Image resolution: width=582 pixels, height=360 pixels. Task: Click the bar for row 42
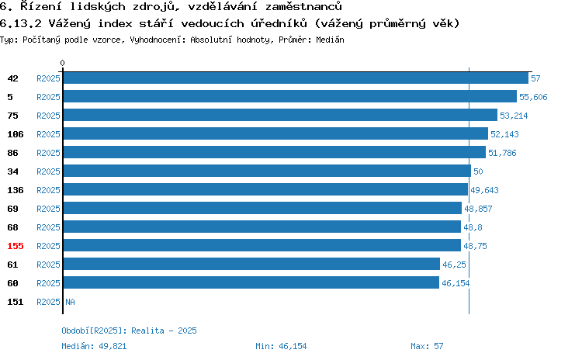pyautogui.click(x=296, y=78)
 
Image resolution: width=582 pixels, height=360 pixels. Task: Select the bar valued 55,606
pyautogui.click(x=290, y=96)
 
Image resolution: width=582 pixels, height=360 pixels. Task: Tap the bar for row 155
pyautogui.click(x=262, y=245)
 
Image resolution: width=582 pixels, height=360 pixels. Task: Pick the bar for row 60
pyautogui.click(x=251, y=283)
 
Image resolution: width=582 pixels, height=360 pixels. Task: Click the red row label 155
pyautogui.click(x=16, y=246)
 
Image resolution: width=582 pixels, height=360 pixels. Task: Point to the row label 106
pyautogui.click(x=16, y=134)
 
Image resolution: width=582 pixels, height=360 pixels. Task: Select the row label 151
pyautogui.click(x=16, y=302)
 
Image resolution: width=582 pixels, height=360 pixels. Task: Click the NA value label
pyautogui.click(x=70, y=302)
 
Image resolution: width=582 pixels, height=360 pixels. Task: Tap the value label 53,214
pyautogui.click(x=514, y=116)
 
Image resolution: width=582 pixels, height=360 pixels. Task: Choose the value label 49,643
pyautogui.click(x=484, y=190)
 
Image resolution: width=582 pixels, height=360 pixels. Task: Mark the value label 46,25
pyautogui.click(x=454, y=265)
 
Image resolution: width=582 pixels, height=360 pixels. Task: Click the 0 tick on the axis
pyautogui.click(x=62, y=63)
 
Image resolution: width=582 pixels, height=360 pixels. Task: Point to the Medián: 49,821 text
pyautogui.click(x=94, y=346)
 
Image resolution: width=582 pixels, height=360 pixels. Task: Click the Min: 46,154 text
pyautogui.click(x=281, y=346)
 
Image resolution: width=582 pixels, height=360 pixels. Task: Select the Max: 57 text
pyautogui.click(x=427, y=346)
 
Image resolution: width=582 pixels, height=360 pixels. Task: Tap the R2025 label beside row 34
pyautogui.click(x=48, y=171)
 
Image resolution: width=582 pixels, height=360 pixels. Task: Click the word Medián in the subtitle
pyautogui.click(x=330, y=40)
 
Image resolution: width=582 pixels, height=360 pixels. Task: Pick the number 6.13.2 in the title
pyautogui.click(x=21, y=24)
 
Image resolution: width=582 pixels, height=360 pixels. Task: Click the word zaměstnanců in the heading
pyautogui.click(x=303, y=6)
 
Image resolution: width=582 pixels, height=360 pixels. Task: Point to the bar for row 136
pyautogui.click(x=265, y=189)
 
